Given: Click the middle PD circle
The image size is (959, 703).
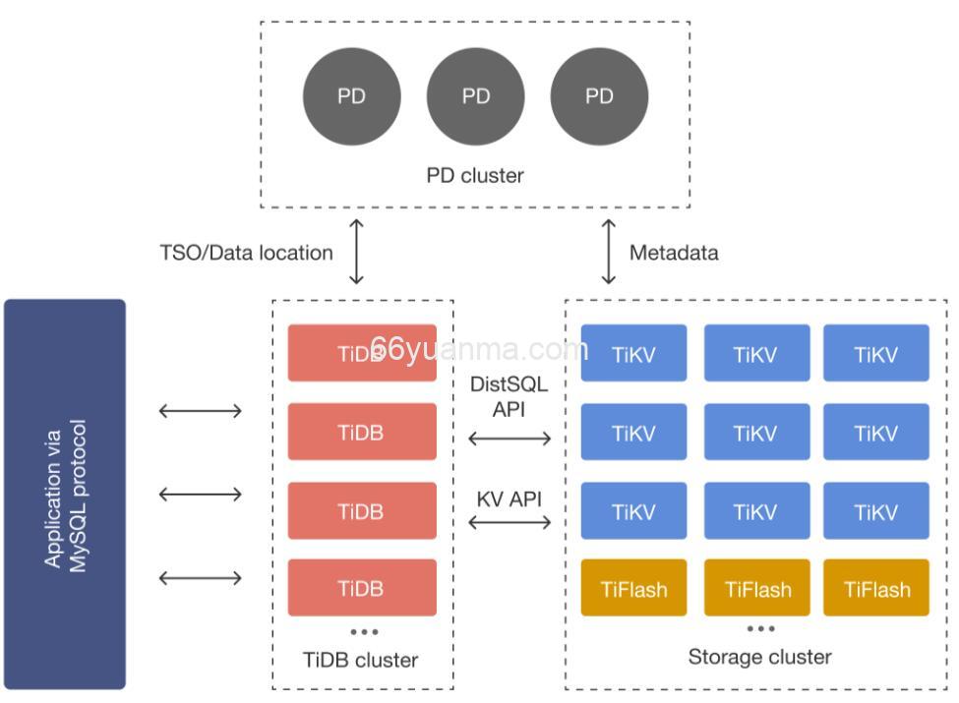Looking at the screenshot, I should (476, 96).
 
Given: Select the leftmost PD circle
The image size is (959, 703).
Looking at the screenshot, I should (351, 96).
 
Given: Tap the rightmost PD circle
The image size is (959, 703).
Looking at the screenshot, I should (599, 96).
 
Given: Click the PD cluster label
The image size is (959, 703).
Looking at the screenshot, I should (475, 175).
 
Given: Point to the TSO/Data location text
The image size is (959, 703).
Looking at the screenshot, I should (246, 253).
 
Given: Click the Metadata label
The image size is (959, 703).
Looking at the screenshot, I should (674, 253).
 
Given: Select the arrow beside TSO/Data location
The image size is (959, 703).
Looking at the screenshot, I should (357, 253).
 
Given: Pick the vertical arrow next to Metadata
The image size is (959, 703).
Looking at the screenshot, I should (609, 253).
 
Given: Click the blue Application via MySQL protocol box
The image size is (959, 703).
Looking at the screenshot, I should (65, 495).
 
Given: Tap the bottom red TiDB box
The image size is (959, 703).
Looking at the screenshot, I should (361, 588).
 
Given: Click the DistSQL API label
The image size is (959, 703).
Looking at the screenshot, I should (509, 396).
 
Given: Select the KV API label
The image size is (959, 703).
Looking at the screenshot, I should (509, 498).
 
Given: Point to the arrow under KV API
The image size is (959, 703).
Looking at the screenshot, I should (509, 522).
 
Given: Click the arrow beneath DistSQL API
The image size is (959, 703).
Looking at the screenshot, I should (509, 439).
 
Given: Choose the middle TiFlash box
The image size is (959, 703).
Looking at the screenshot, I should (757, 588).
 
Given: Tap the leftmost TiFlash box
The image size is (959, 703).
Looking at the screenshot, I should (633, 588).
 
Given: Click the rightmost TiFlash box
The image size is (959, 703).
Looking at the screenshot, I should (876, 588).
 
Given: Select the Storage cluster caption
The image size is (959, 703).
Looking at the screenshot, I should (759, 657).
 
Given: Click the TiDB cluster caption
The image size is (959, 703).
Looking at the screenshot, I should (361, 660).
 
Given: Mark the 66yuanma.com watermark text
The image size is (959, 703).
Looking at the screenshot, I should (479, 349).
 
